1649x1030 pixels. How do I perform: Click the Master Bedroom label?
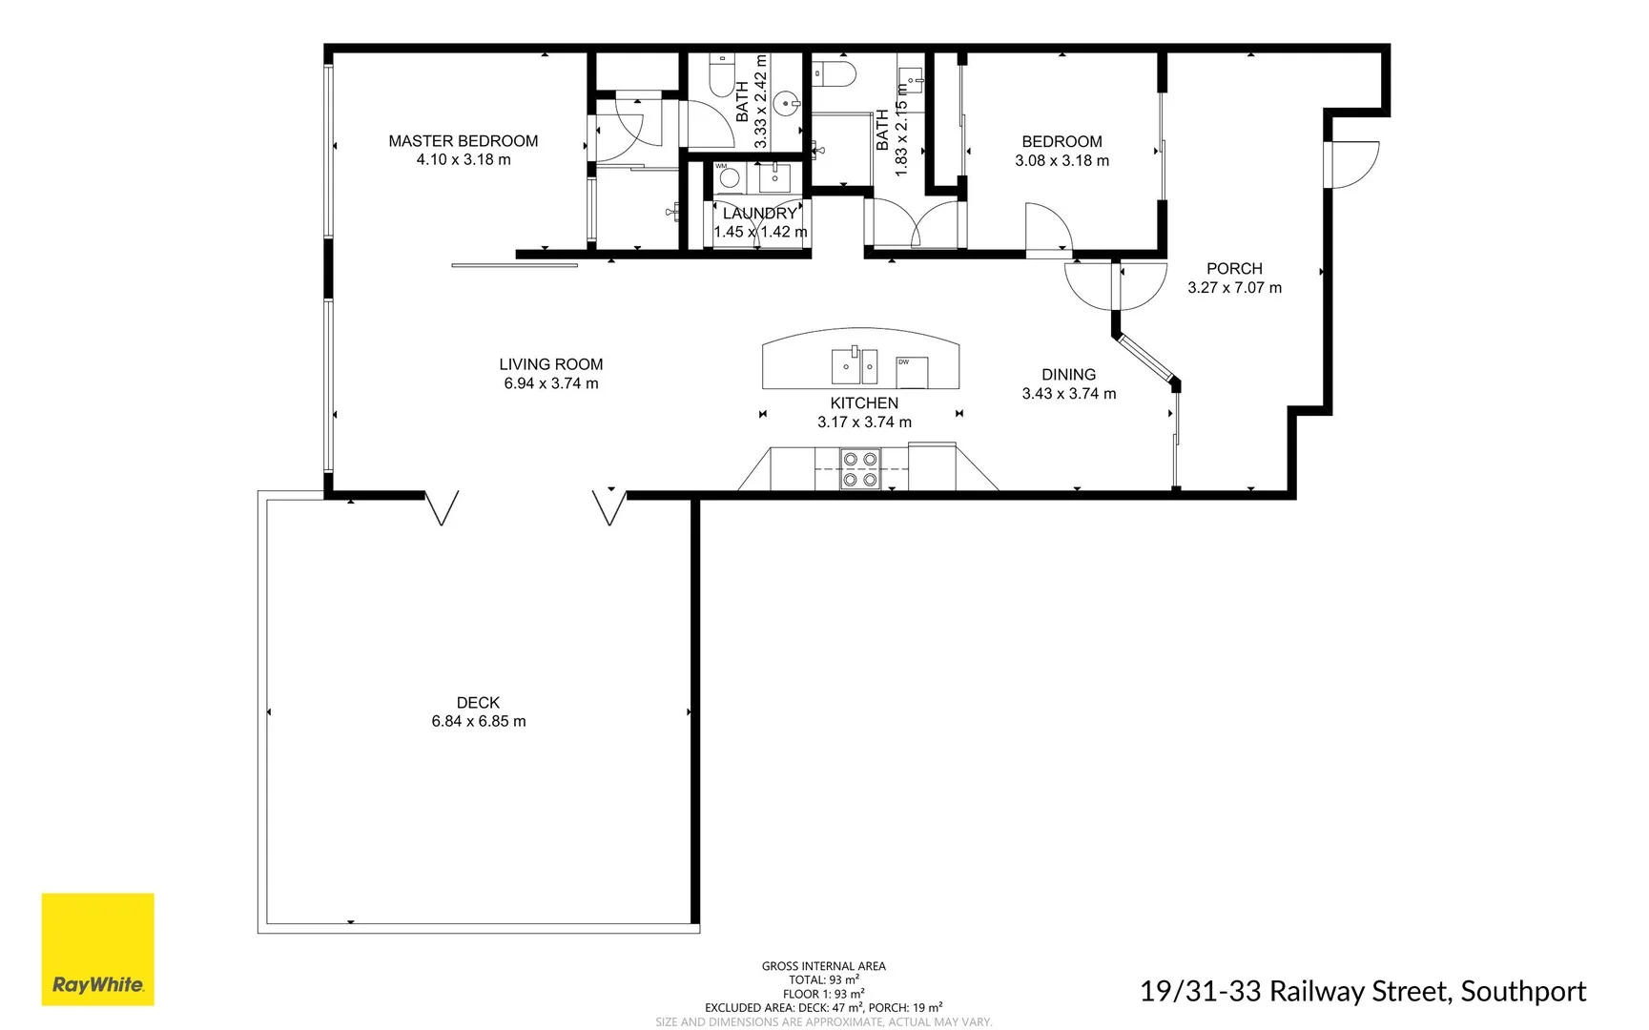point(463,141)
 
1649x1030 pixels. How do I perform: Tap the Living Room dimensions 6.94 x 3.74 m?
point(551,383)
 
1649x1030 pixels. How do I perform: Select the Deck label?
point(478,703)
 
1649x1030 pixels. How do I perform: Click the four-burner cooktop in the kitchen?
point(859,469)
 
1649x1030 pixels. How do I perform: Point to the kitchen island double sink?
point(854,365)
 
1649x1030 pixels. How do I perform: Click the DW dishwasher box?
point(912,372)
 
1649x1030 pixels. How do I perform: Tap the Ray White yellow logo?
point(97,949)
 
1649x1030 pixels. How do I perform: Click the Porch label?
point(1234,269)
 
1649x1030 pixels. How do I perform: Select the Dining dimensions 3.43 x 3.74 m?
point(1068,394)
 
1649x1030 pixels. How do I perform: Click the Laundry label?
point(759,214)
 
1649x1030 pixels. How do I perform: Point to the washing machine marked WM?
point(730,177)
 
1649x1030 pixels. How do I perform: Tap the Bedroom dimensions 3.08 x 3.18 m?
point(1062,161)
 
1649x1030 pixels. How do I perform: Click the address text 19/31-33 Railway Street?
point(1362,992)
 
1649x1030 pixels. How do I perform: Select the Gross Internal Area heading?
point(823,966)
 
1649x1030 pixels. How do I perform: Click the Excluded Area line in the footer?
point(823,1007)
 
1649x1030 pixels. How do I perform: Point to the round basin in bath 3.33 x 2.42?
point(788,103)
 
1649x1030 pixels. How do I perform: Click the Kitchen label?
point(864,403)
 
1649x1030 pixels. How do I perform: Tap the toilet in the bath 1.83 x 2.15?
point(835,73)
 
